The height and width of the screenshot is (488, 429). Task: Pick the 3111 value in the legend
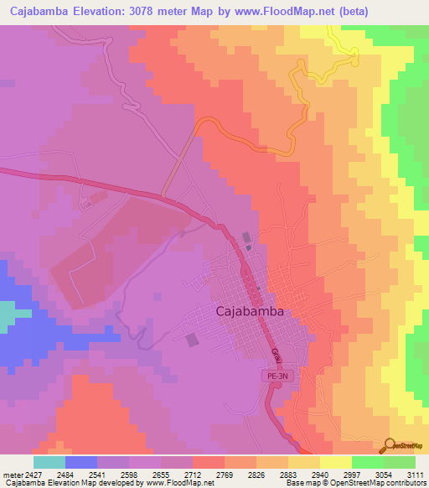(415, 475)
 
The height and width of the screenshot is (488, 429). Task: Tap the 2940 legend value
(319, 475)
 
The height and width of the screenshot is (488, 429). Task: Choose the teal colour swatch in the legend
(49, 461)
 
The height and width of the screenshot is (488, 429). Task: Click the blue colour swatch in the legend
(81, 461)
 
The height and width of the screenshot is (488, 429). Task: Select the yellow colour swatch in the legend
(336, 461)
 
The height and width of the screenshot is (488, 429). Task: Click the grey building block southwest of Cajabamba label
(193, 340)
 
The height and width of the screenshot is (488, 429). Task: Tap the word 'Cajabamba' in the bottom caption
(22, 483)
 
